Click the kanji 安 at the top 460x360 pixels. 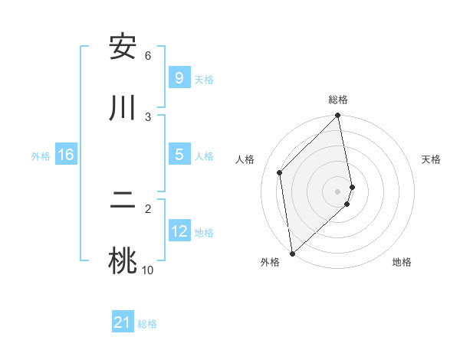click(x=123, y=48)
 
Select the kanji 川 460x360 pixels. click(x=123, y=108)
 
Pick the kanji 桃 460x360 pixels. click(x=123, y=260)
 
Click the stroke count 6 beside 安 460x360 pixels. click(x=148, y=55)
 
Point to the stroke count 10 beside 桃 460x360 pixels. click(x=148, y=270)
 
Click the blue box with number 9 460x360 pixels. click(x=179, y=77)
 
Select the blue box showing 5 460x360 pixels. click(x=179, y=155)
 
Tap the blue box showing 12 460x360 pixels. click(x=179, y=231)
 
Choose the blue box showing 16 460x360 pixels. click(x=66, y=155)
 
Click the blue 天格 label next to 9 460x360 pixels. click(x=204, y=79)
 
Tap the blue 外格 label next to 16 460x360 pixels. click(x=41, y=156)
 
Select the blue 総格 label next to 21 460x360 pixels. click(x=147, y=324)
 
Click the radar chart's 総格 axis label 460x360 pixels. click(x=338, y=100)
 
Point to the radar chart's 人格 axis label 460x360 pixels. click(x=245, y=159)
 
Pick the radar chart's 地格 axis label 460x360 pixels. click(x=402, y=262)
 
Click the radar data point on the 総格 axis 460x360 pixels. click(x=338, y=116)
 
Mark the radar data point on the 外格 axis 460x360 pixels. click(x=292, y=253)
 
